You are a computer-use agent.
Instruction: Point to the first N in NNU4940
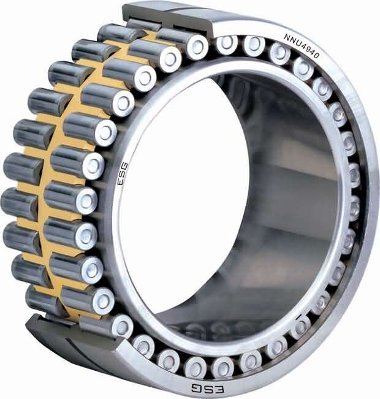pos(286,37)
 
